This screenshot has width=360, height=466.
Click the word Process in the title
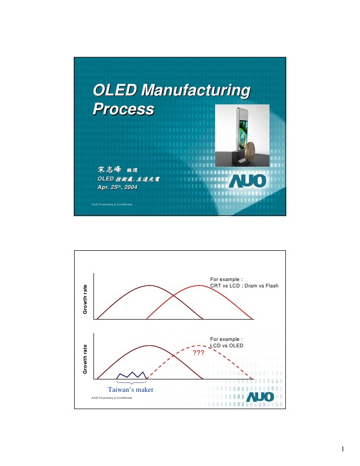123,109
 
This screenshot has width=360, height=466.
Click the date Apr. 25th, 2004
117,187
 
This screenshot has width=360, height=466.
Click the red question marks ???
199,353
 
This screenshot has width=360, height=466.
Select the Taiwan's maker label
131,390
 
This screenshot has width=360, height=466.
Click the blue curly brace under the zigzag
131,382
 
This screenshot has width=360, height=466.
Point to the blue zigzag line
131,374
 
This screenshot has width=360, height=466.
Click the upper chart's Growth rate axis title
85,300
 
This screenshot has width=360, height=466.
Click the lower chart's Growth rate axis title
85,359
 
